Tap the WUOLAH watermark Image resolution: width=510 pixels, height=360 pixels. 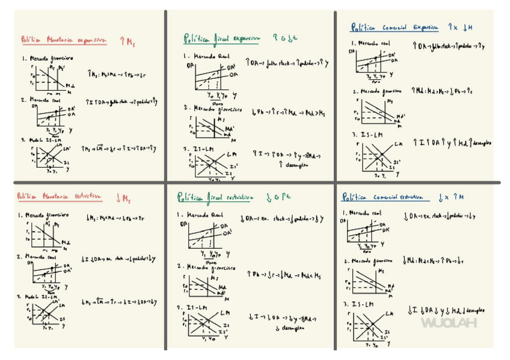(x=449, y=323)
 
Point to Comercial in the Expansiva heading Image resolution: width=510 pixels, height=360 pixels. (x=394, y=28)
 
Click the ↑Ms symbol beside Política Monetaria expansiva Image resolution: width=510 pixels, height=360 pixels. (x=126, y=40)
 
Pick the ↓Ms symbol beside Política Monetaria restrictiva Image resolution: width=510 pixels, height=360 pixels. (x=124, y=197)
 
